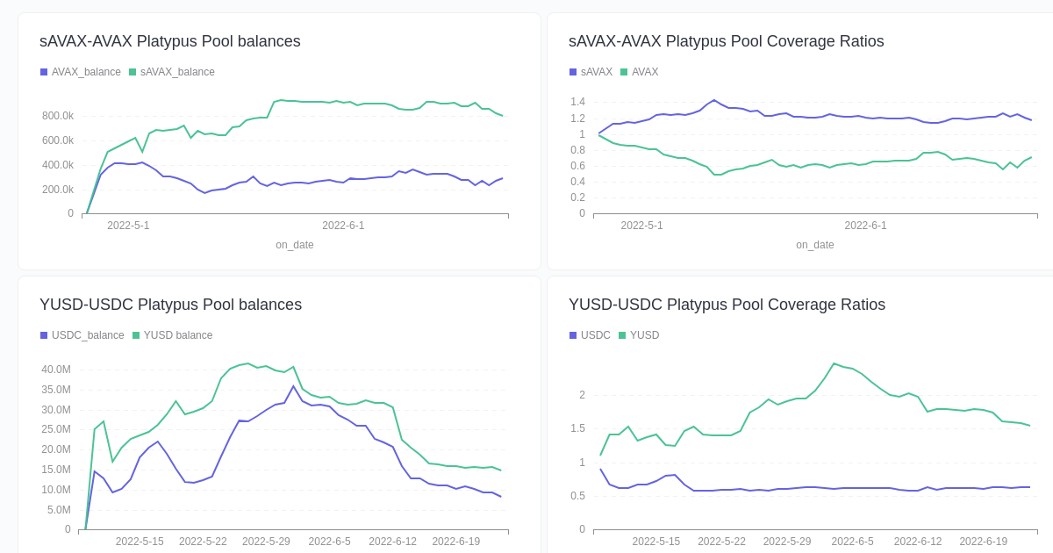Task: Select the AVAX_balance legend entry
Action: click(80, 72)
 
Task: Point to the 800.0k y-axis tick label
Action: click(58, 116)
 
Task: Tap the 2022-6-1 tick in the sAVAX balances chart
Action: click(343, 226)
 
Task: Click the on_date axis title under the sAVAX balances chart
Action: click(294, 245)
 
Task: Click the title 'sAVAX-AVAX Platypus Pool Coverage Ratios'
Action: click(726, 41)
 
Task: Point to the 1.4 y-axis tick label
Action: click(577, 102)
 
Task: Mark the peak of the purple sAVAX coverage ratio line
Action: click(714, 100)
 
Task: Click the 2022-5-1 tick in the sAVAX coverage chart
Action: click(641, 226)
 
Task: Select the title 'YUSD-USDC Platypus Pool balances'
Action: click(170, 305)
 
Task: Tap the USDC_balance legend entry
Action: click(82, 335)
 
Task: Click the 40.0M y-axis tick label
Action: click(56, 370)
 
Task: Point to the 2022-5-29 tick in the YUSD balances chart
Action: click(266, 542)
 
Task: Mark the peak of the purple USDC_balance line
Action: click(294, 386)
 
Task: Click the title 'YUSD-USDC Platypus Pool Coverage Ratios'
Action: click(727, 305)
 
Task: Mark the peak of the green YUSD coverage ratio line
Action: click(834, 363)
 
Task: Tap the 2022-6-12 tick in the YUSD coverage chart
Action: click(917, 542)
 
